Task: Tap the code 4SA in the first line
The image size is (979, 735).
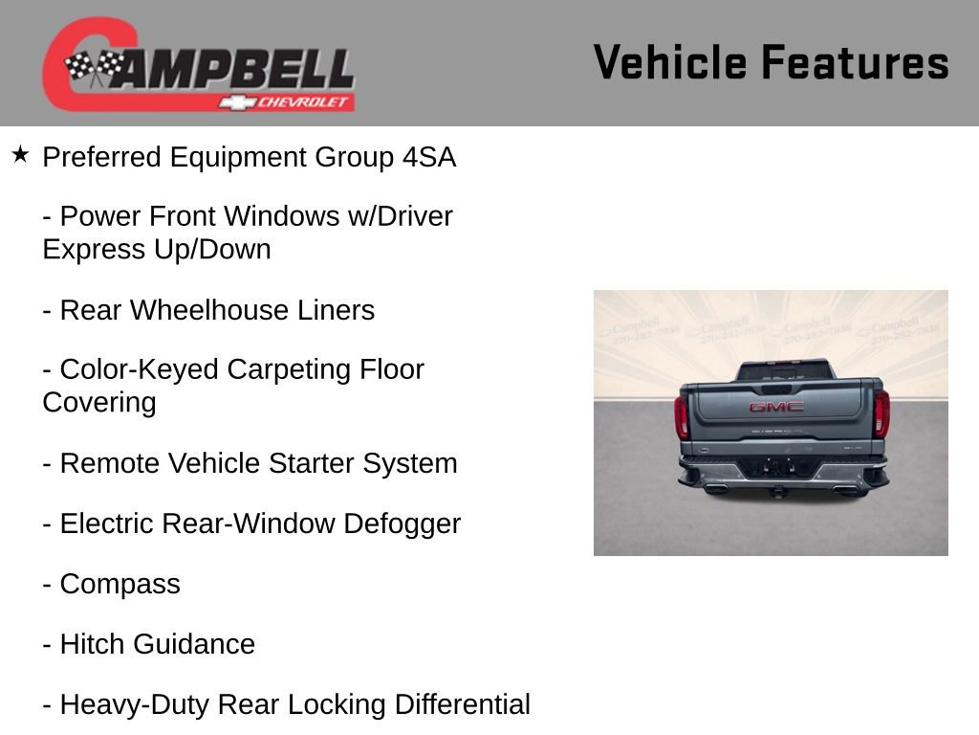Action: pyautogui.click(x=428, y=157)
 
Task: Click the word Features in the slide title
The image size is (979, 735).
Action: pyautogui.click(x=855, y=62)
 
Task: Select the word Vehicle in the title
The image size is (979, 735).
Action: pyautogui.click(x=669, y=62)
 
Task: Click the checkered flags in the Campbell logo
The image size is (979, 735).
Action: pyautogui.click(x=94, y=67)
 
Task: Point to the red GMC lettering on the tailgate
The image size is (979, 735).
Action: pyautogui.click(x=775, y=407)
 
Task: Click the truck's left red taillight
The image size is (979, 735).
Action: pyautogui.click(x=682, y=416)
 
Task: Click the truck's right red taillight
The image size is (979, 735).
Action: pyautogui.click(x=881, y=413)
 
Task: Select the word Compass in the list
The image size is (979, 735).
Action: pyautogui.click(x=120, y=584)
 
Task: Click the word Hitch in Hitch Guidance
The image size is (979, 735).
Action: pyautogui.click(x=92, y=644)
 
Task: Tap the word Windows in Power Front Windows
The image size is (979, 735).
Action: pyautogui.click(x=283, y=216)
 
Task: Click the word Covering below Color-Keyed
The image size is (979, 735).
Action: pyautogui.click(x=98, y=402)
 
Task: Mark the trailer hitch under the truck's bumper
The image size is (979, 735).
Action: pyautogui.click(x=777, y=491)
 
